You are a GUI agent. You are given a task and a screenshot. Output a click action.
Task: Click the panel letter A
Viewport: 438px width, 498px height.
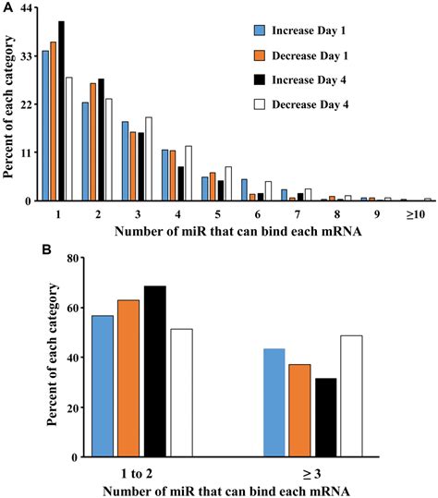pos(6,7)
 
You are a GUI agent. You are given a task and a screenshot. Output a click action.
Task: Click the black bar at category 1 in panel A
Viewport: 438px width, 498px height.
pos(61,111)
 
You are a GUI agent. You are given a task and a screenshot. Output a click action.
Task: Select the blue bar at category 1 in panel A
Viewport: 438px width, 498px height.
pos(45,126)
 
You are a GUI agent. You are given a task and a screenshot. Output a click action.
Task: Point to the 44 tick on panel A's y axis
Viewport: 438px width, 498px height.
pos(25,8)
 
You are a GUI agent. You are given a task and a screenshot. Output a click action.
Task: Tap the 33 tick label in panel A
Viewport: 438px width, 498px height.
pos(25,56)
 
